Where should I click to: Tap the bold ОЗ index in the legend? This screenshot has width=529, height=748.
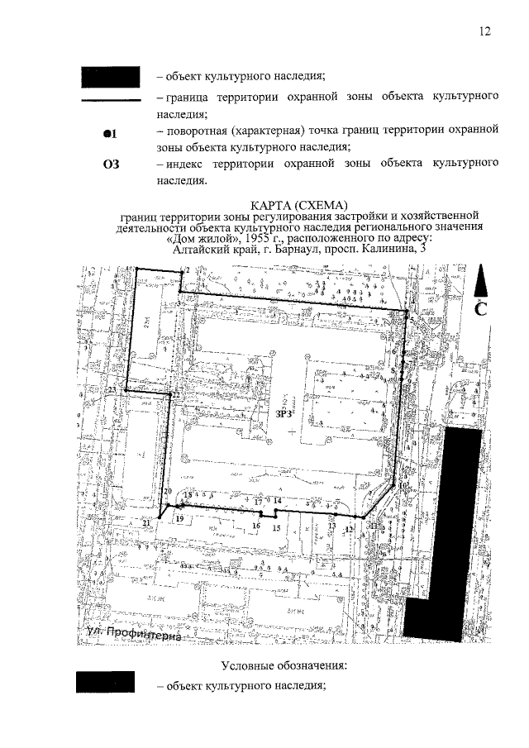(111, 164)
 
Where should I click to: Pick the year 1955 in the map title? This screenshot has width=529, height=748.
(226, 239)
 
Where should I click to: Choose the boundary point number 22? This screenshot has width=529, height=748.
(175, 396)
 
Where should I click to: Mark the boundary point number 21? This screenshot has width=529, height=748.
(146, 523)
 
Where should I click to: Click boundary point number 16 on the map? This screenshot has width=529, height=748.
(256, 526)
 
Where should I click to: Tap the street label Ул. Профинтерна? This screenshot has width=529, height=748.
(136, 634)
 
